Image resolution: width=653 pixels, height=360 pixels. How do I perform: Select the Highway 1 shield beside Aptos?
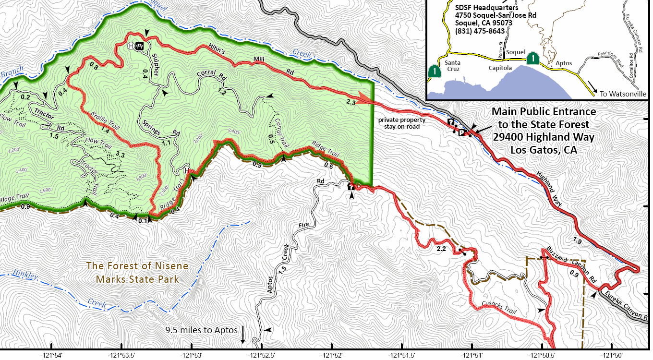tap(532, 59)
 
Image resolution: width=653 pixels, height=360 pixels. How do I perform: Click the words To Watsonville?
tap(623, 94)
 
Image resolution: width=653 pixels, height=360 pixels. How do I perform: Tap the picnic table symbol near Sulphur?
tap(140, 46)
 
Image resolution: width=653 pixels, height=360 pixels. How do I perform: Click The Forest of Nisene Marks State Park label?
tap(137, 272)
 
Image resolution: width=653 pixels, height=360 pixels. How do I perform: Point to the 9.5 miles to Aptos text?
tap(201, 330)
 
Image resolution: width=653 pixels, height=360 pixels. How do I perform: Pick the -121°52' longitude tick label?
tap(332, 355)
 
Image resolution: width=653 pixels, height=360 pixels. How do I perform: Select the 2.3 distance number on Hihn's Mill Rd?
tap(351, 102)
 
